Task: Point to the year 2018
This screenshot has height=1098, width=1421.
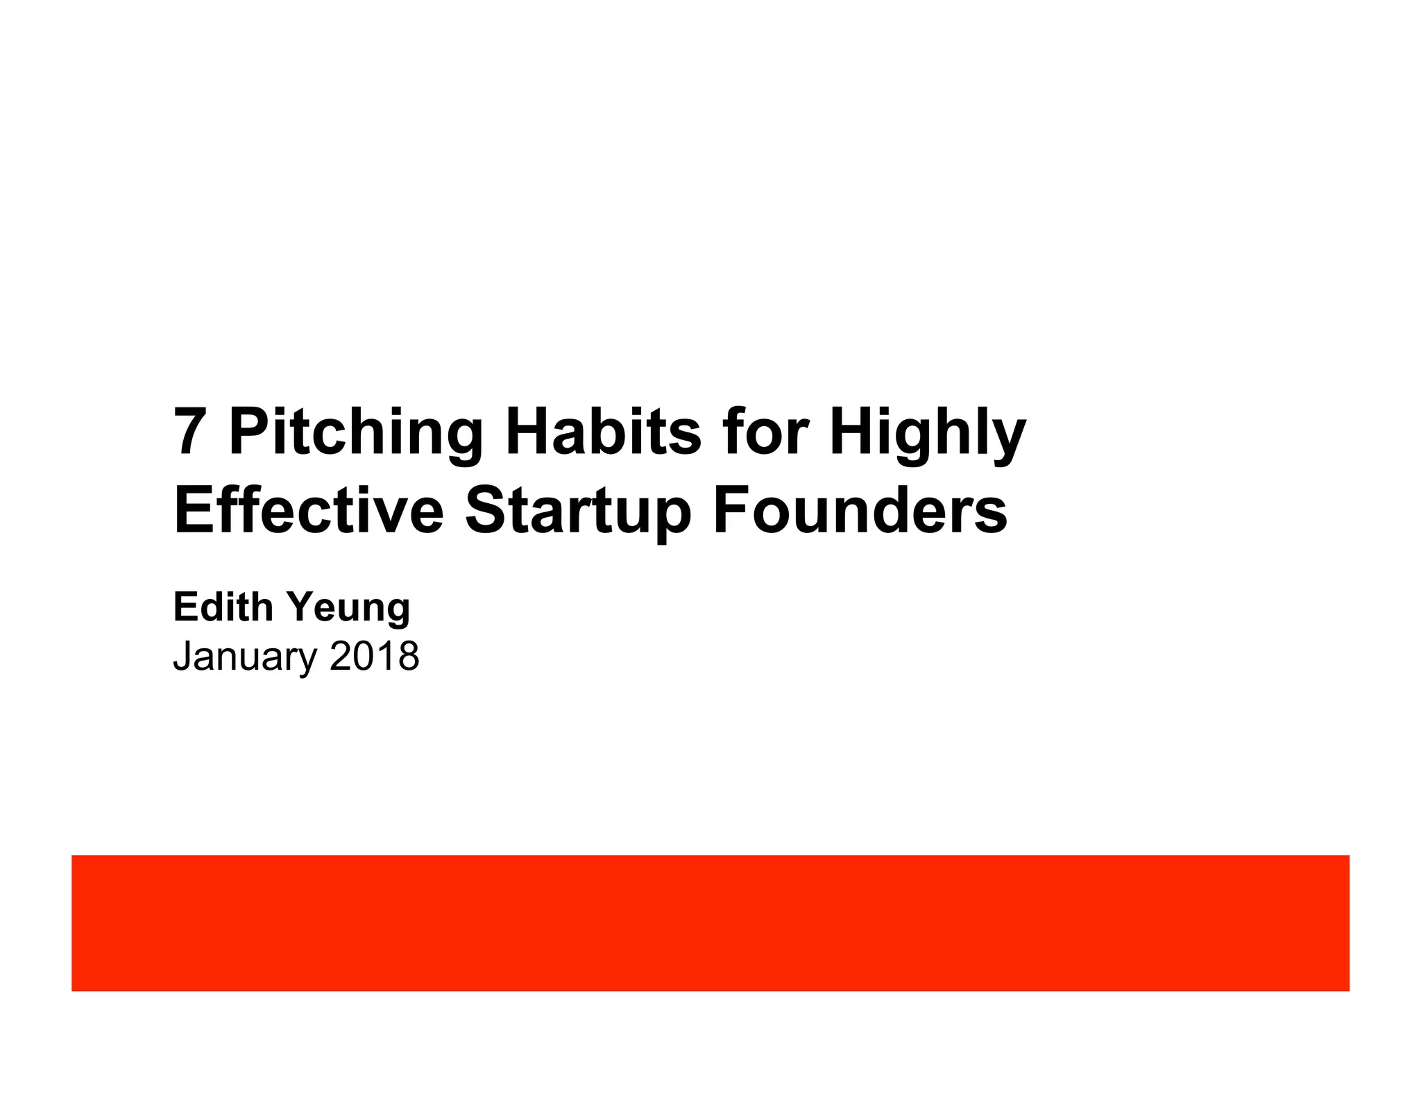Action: pyautogui.click(x=375, y=656)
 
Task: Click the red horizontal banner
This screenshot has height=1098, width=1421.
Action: pyautogui.click(x=710, y=922)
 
